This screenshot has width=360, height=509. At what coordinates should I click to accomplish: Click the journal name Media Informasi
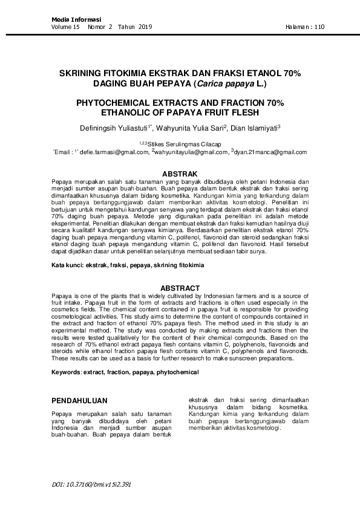(76, 20)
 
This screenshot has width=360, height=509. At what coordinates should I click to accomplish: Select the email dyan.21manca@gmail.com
(270, 154)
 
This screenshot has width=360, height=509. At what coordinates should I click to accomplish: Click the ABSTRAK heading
(179, 174)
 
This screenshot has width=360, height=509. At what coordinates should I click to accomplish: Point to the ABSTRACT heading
(179, 288)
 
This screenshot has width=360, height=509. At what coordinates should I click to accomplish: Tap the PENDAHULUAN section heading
(79, 400)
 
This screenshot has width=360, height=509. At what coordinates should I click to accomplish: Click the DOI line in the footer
(91, 484)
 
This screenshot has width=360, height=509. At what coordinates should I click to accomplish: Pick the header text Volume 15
(66, 27)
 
